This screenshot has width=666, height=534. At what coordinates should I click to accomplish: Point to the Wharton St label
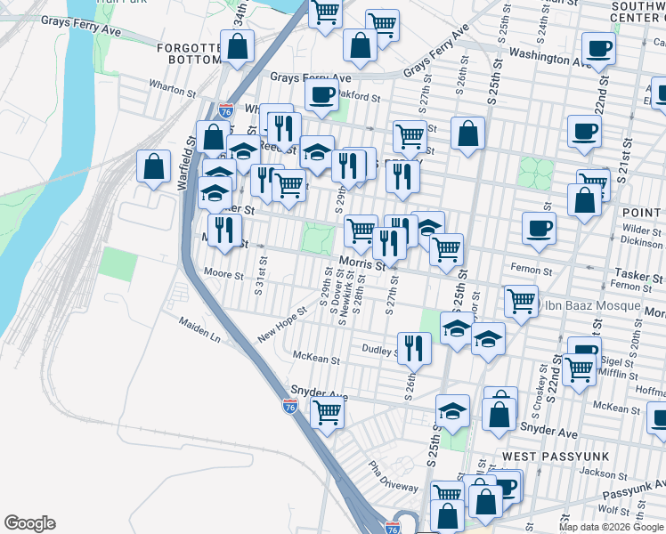tap(173, 91)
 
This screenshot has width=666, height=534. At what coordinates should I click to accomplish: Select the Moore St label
tap(223, 275)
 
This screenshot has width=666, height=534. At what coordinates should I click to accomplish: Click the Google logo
tap(29, 523)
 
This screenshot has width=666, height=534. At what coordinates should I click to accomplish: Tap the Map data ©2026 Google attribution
tap(610, 527)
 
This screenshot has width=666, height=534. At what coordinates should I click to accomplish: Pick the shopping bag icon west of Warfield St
tap(154, 166)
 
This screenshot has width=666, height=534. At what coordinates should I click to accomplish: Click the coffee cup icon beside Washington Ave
tap(599, 49)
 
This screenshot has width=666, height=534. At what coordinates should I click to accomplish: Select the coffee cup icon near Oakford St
tap(321, 93)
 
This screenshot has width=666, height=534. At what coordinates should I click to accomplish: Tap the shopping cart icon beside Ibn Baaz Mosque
tap(521, 300)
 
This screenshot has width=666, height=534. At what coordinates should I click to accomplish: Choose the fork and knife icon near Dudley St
tap(413, 348)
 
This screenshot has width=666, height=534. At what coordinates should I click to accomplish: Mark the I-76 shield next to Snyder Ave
tap(290, 406)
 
